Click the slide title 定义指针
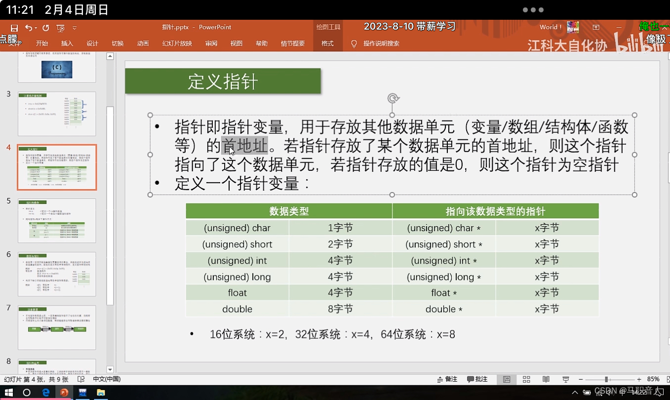223,81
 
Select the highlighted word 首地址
244,146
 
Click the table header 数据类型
289,211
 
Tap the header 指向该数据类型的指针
495,211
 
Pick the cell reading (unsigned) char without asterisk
237,228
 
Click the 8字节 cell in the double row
341,309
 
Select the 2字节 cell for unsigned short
341,244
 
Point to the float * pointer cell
444,293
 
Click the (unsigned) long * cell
444,277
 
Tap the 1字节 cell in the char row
341,228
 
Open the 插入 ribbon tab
67,43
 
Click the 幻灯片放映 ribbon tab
177,43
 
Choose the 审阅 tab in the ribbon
211,43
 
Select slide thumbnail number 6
57,274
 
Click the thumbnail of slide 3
57,114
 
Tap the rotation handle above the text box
393,98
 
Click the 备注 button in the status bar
447,379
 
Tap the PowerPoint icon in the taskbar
64,393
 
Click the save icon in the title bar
14,28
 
